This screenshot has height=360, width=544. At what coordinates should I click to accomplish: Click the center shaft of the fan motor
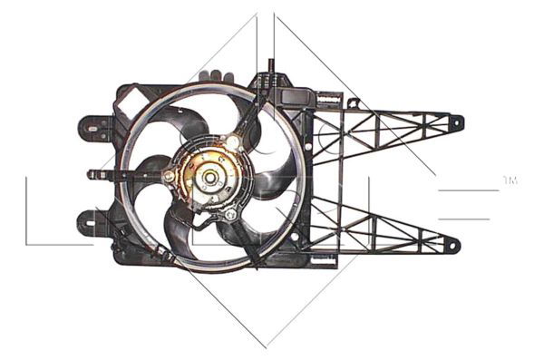click(210, 178)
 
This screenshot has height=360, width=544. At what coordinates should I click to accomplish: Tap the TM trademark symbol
click(510, 181)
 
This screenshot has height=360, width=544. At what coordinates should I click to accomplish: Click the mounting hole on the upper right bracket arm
click(456, 122)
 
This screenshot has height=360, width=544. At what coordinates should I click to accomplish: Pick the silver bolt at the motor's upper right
click(235, 142)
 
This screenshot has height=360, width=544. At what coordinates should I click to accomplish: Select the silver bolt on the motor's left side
click(170, 175)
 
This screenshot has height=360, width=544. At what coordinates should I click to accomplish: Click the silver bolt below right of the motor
click(230, 215)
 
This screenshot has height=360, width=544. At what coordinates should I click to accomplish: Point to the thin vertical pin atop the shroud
click(270, 69)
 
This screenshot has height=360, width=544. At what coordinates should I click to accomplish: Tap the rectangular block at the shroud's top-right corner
click(299, 95)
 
